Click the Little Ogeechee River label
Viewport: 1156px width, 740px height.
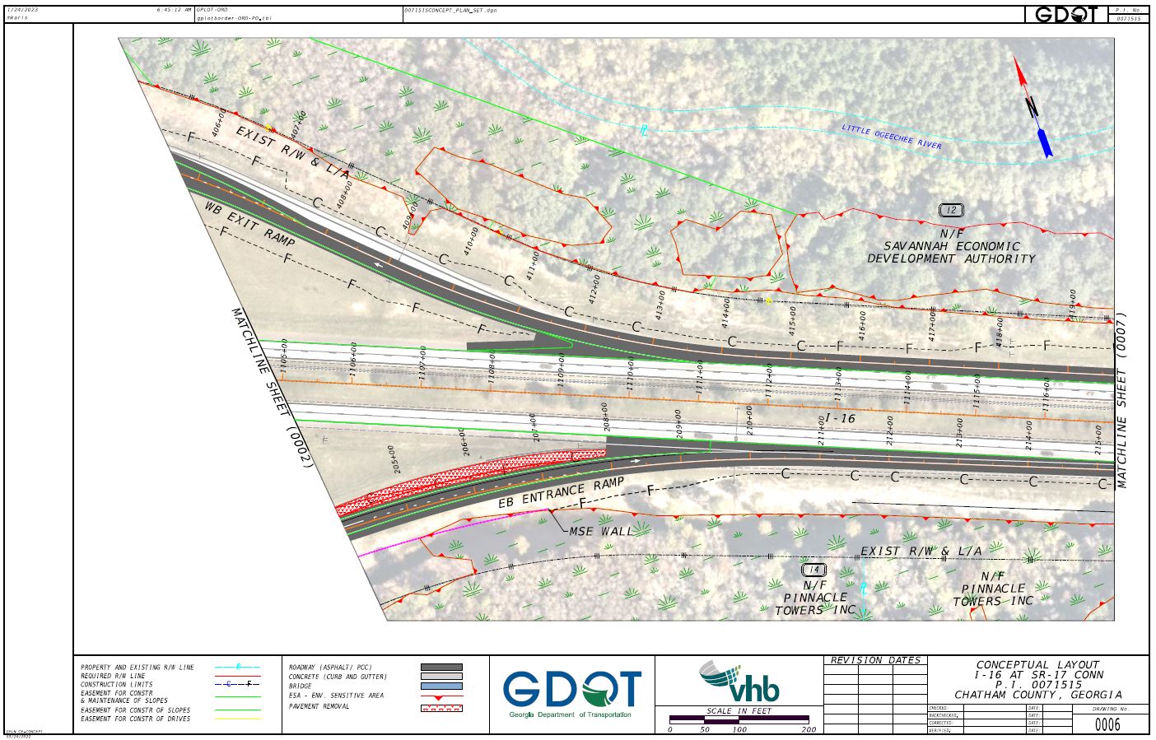(891, 137)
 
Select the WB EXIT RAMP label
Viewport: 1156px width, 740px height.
(249, 222)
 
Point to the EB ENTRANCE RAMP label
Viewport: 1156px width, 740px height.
(561, 492)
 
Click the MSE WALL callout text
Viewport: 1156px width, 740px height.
(601, 532)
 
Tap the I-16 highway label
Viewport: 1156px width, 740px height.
(840, 419)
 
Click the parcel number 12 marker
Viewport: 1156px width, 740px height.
(951, 211)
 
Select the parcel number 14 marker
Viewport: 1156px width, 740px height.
(813, 570)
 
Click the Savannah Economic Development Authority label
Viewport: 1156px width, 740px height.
(951, 252)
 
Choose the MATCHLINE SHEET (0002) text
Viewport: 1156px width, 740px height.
(272, 389)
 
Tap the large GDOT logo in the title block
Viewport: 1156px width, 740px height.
(572, 690)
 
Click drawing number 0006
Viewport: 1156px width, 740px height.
(1107, 724)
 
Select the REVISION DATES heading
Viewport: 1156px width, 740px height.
(875, 660)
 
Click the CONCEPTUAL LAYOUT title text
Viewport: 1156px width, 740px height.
(1037, 665)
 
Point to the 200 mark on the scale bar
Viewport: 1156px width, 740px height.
(809, 729)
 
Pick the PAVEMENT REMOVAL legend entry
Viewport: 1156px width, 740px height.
(319, 706)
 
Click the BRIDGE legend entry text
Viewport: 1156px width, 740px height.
(301, 686)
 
